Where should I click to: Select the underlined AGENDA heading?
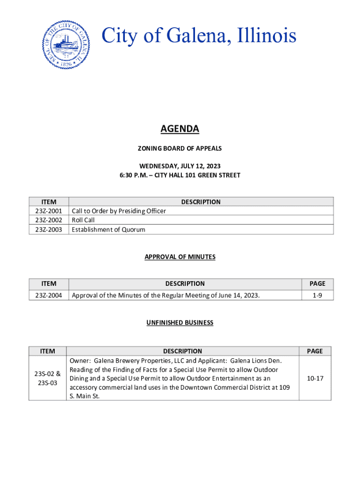pos(180,129)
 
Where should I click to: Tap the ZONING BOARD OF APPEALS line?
pos(180,148)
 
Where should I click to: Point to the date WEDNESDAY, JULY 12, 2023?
pos(180,166)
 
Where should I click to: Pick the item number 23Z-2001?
pos(49,211)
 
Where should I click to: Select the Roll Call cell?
pos(83,220)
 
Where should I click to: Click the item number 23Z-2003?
pos(49,229)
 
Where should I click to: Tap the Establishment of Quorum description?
pos(108,229)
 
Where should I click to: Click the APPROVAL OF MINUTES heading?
pos(180,257)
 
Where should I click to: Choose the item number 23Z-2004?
pos(49,295)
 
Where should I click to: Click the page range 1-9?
pos(317,295)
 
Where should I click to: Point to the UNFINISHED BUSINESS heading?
pos(180,322)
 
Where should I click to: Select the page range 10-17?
pos(315,378)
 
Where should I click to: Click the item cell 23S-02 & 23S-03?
pos(48,378)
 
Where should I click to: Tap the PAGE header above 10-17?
pos(315,351)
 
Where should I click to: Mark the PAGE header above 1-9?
pos(317,283)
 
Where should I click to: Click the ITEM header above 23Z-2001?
pos(49,202)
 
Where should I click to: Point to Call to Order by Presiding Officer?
pos(119,211)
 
